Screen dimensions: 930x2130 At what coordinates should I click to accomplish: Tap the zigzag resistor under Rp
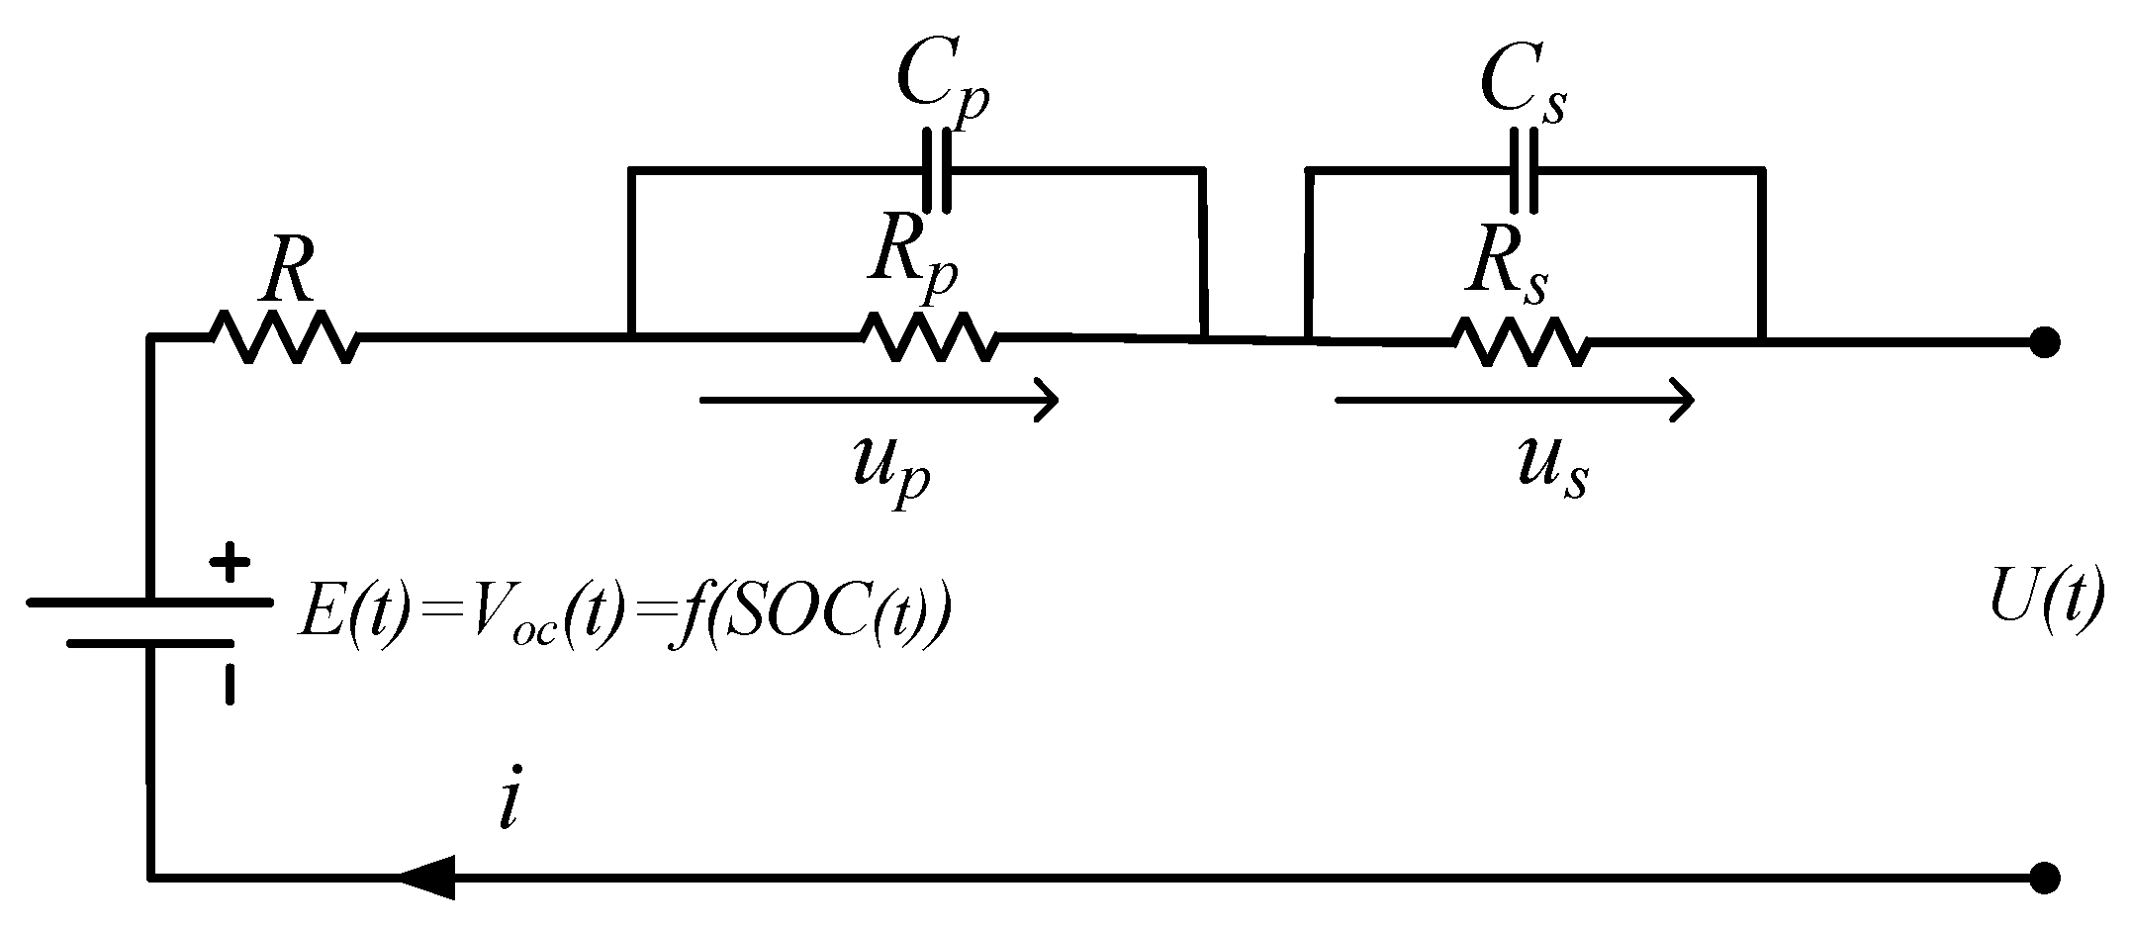(930, 337)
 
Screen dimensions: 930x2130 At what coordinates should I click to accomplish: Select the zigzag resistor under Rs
(1521, 342)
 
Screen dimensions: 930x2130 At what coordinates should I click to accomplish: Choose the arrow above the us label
(1515, 401)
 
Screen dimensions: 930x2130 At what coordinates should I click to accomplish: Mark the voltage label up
(890, 471)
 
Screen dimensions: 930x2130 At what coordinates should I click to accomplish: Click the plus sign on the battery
(230, 566)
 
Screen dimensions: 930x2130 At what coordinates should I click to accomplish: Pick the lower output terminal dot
(2044, 878)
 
